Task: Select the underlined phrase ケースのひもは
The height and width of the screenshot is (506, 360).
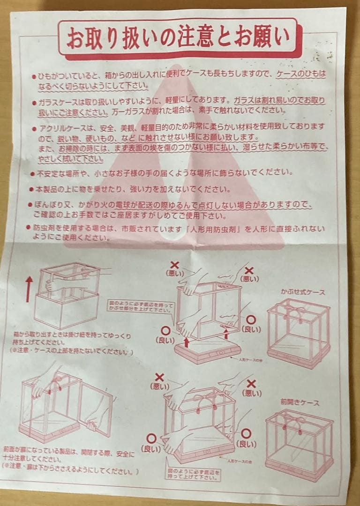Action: click(300, 74)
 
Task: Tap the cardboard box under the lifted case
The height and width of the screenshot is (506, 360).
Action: click(66, 309)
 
